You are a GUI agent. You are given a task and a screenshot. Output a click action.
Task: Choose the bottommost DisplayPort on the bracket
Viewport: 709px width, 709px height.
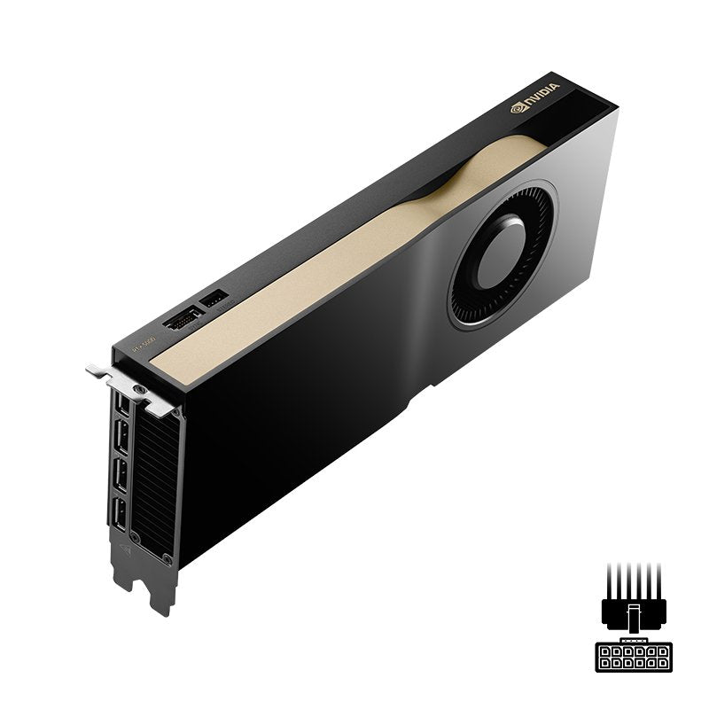click(119, 514)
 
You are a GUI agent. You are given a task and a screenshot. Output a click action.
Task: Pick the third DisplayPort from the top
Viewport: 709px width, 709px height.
click(120, 478)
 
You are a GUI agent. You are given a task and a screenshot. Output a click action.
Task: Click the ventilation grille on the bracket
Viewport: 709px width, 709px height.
click(152, 483)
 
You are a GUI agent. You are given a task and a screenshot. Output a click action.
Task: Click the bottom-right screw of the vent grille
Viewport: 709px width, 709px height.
click(167, 558)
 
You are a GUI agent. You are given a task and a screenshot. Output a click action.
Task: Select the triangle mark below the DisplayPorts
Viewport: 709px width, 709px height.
click(124, 549)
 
